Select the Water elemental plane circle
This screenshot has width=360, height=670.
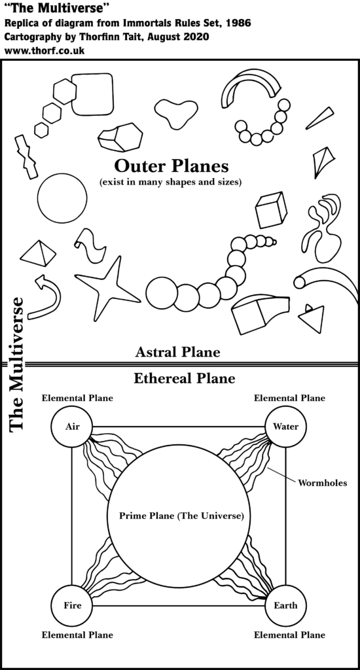click(x=285, y=427)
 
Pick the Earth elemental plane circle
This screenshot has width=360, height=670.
click(x=285, y=605)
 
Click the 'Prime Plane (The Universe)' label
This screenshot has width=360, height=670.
click(x=181, y=516)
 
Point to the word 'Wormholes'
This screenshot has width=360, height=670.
click(x=323, y=484)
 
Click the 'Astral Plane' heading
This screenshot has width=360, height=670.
click(x=178, y=352)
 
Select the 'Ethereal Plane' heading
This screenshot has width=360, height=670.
click(x=184, y=378)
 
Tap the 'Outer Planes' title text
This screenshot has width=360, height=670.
click(x=171, y=164)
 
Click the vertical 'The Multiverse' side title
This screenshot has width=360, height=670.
click(x=17, y=364)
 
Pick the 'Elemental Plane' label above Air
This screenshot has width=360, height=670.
click(x=77, y=398)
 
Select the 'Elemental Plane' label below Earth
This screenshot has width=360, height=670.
click(x=289, y=635)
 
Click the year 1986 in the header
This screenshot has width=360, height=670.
click(x=238, y=23)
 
